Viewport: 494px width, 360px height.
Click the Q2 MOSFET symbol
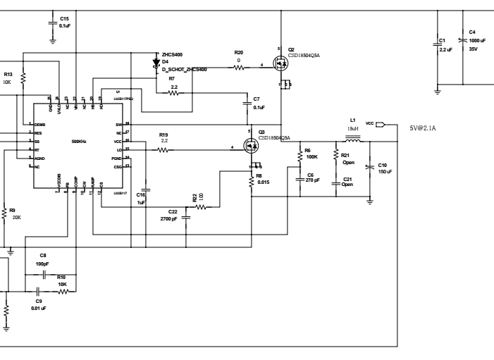click(281, 65)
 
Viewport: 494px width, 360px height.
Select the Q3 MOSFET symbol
click(251, 147)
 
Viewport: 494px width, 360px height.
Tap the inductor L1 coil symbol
click(354, 139)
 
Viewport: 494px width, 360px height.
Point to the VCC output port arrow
click(382, 125)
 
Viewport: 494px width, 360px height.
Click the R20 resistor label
click(239, 52)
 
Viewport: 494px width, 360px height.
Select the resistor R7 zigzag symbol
click(173, 92)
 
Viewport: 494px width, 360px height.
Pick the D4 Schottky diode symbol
click(156, 62)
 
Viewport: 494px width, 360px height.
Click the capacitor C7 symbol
click(247, 102)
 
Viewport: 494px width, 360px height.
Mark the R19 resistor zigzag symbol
click(163, 149)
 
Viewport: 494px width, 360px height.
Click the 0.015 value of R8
click(263, 182)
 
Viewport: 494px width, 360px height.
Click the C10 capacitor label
click(383, 165)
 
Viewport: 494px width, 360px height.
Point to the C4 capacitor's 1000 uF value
click(478, 40)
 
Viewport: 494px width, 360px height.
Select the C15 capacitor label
click(64, 18)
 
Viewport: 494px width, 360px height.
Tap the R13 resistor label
click(8, 74)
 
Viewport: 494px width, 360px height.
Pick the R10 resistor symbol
click(62, 290)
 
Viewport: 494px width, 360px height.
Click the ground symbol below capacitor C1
click(438, 91)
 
